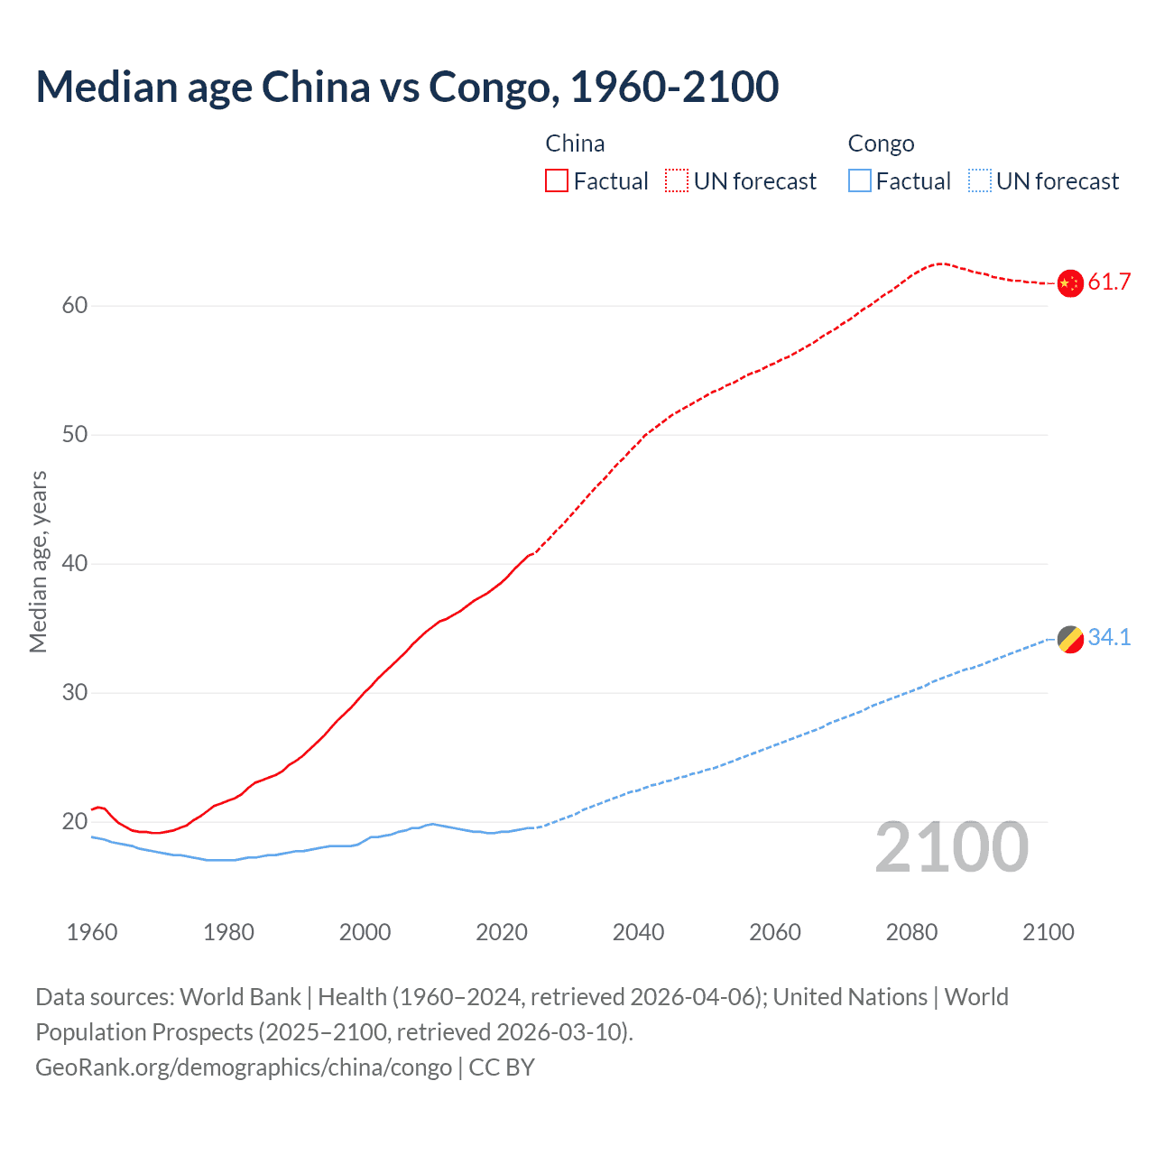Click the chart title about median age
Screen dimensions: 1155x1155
[407, 88]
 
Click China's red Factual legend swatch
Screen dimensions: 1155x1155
[557, 181]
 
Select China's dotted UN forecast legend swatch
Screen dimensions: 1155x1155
[677, 181]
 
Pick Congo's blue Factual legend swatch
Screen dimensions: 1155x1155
[860, 181]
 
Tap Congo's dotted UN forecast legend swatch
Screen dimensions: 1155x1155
[980, 181]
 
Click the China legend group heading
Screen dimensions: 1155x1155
[575, 143]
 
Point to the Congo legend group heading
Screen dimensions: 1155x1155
[881, 143]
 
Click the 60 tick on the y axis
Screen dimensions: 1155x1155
[75, 306]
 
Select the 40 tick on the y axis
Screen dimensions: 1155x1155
[75, 564]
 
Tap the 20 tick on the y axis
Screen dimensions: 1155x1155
[75, 822]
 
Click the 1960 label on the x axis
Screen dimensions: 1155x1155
[92, 932]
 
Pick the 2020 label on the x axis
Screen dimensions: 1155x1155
[502, 932]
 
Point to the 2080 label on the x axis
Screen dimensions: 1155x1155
[911, 932]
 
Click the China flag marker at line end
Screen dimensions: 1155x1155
[1070, 283]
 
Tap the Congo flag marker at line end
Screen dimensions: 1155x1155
[1070, 639]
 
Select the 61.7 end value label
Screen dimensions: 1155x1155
[1109, 282]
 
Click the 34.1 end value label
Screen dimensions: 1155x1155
[1109, 638]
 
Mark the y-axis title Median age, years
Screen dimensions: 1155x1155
[38, 561]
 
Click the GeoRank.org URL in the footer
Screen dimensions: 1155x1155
[244, 1067]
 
